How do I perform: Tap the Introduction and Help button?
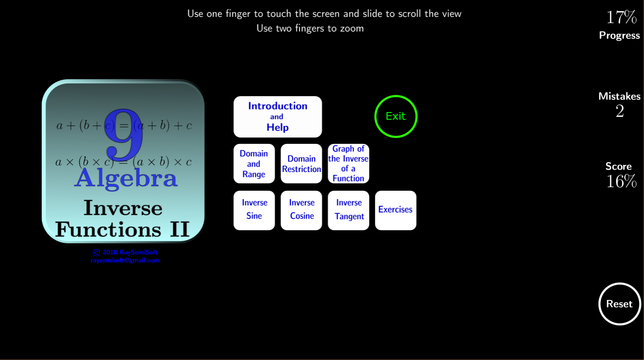(277, 117)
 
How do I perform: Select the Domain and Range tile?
(254, 164)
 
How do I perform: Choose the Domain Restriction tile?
(301, 164)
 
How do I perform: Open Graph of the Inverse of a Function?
(348, 164)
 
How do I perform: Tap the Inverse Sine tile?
(254, 210)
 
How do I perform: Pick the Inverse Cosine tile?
(301, 210)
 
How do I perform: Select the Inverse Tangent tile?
(348, 210)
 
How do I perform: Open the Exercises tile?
(396, 210)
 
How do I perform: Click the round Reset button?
(620, 304)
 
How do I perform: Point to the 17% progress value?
(622, 17)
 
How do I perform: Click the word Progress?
(620, 35)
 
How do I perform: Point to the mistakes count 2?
(620, 111)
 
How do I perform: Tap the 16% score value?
(622, 181)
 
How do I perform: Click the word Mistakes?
(620, 96)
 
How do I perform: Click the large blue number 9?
(123, 135)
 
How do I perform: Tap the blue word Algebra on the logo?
(126, 179)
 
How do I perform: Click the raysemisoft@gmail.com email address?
(125, 260)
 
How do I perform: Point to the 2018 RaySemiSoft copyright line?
(125, 253)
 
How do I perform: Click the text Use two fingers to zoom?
(310, 28)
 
